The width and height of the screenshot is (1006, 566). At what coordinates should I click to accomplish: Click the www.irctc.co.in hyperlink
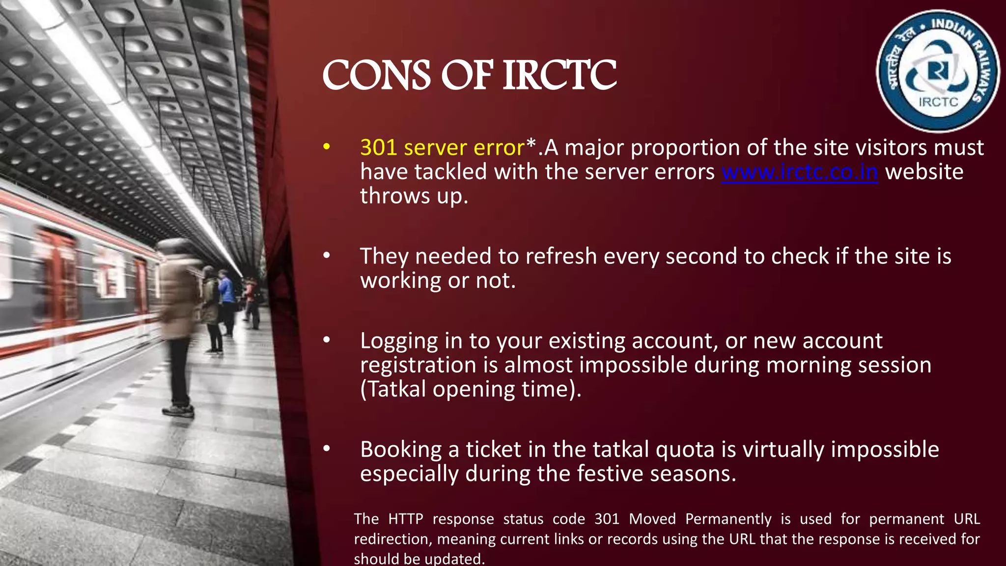coord(799,172)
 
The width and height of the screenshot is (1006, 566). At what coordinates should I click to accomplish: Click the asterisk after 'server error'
coord(531,145)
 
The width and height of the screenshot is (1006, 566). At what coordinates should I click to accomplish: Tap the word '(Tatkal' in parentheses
coord(393,390)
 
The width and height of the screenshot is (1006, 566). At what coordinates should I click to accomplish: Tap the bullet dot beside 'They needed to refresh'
coord(327,255)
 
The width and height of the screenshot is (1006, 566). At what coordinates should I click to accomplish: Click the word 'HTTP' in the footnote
coord(405,519)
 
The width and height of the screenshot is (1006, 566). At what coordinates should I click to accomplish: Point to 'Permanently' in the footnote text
coord(728,519)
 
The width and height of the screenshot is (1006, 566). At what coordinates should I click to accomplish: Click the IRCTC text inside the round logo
coord(938,102)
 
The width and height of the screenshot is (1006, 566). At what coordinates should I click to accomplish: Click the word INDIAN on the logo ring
coord(953,29)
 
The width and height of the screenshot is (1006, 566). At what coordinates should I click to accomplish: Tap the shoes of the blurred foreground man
coord(178,410)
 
